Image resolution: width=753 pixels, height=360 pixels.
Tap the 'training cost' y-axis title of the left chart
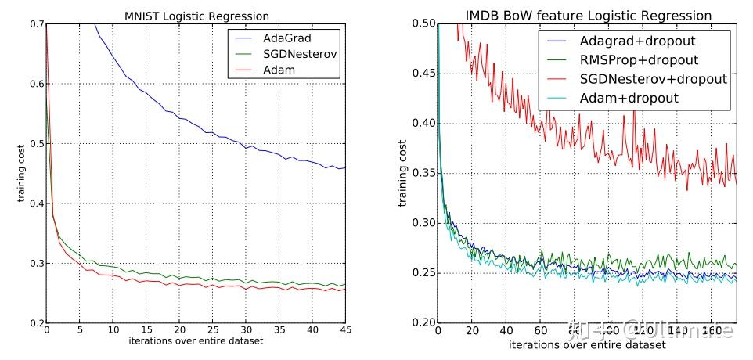click(x=21, y=174)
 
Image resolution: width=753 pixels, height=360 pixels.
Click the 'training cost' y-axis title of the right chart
click(x=402, y=174)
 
